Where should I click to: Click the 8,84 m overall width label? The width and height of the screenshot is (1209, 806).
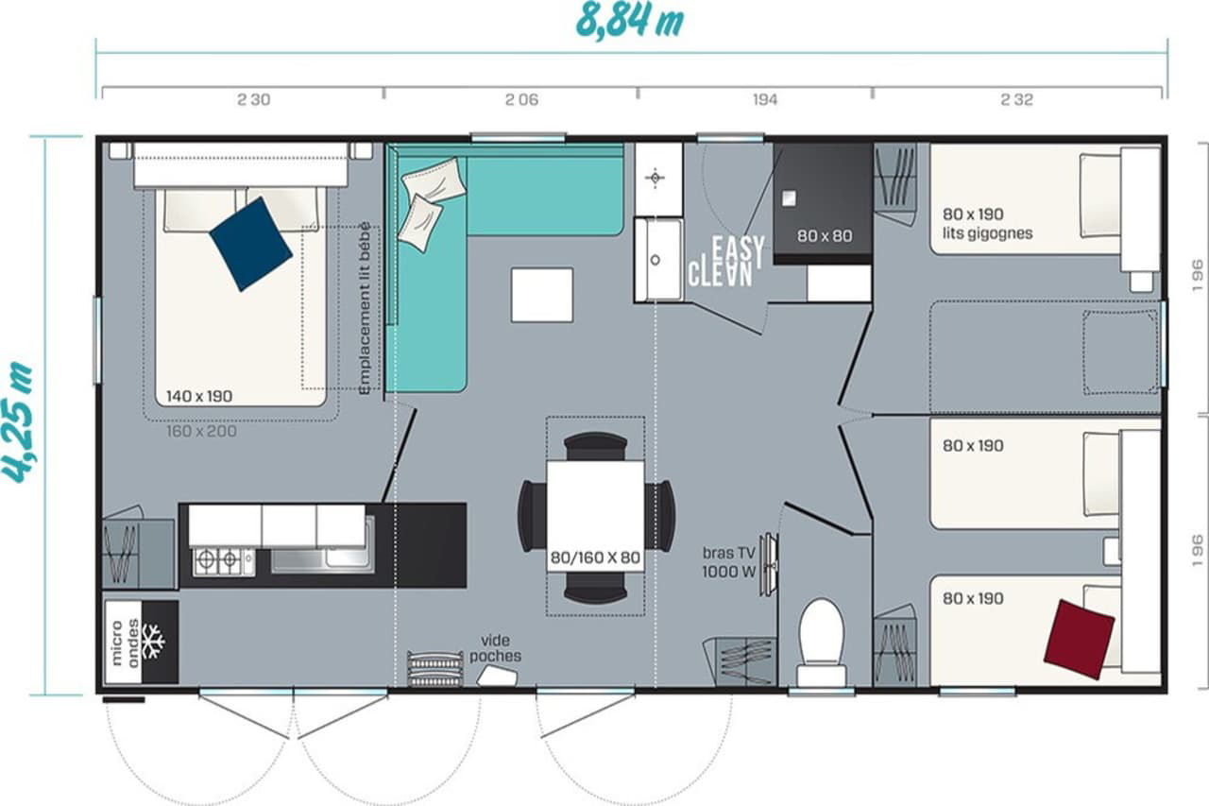(x=629, y=21)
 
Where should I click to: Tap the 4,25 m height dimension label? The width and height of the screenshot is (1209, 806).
(x=18, y=422)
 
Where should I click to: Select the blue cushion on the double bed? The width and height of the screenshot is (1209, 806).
(x=251, y=244)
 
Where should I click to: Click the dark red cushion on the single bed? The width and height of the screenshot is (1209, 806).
(x=1079, y=639)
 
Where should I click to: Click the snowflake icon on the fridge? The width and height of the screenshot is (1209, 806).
(x=153, y=642)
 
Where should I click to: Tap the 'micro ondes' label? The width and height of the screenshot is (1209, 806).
(x=124, y=643)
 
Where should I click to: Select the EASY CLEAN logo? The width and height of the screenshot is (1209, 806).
(x=726, y=262)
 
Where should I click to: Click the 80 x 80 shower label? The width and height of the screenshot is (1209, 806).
(x=825, y=236)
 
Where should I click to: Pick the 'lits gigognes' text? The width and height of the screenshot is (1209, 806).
(x=988, y=233)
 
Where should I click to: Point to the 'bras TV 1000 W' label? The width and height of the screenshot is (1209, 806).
(x=728, y=562)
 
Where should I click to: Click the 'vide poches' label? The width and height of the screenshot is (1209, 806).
(x=495, y=648)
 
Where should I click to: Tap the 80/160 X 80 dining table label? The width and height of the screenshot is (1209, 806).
(x=595, y=557)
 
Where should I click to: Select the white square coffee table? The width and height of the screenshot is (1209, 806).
(x=542, y=295)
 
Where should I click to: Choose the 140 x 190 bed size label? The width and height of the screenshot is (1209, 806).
(x=199, y=396)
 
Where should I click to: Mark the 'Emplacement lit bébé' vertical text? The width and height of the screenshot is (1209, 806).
(x=365, y=308)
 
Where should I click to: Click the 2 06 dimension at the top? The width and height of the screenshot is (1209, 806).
(x=521, y=100)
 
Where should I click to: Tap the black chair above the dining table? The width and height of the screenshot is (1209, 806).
(x=595, y=447)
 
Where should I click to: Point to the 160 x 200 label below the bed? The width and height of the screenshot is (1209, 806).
(x=201, y=431)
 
